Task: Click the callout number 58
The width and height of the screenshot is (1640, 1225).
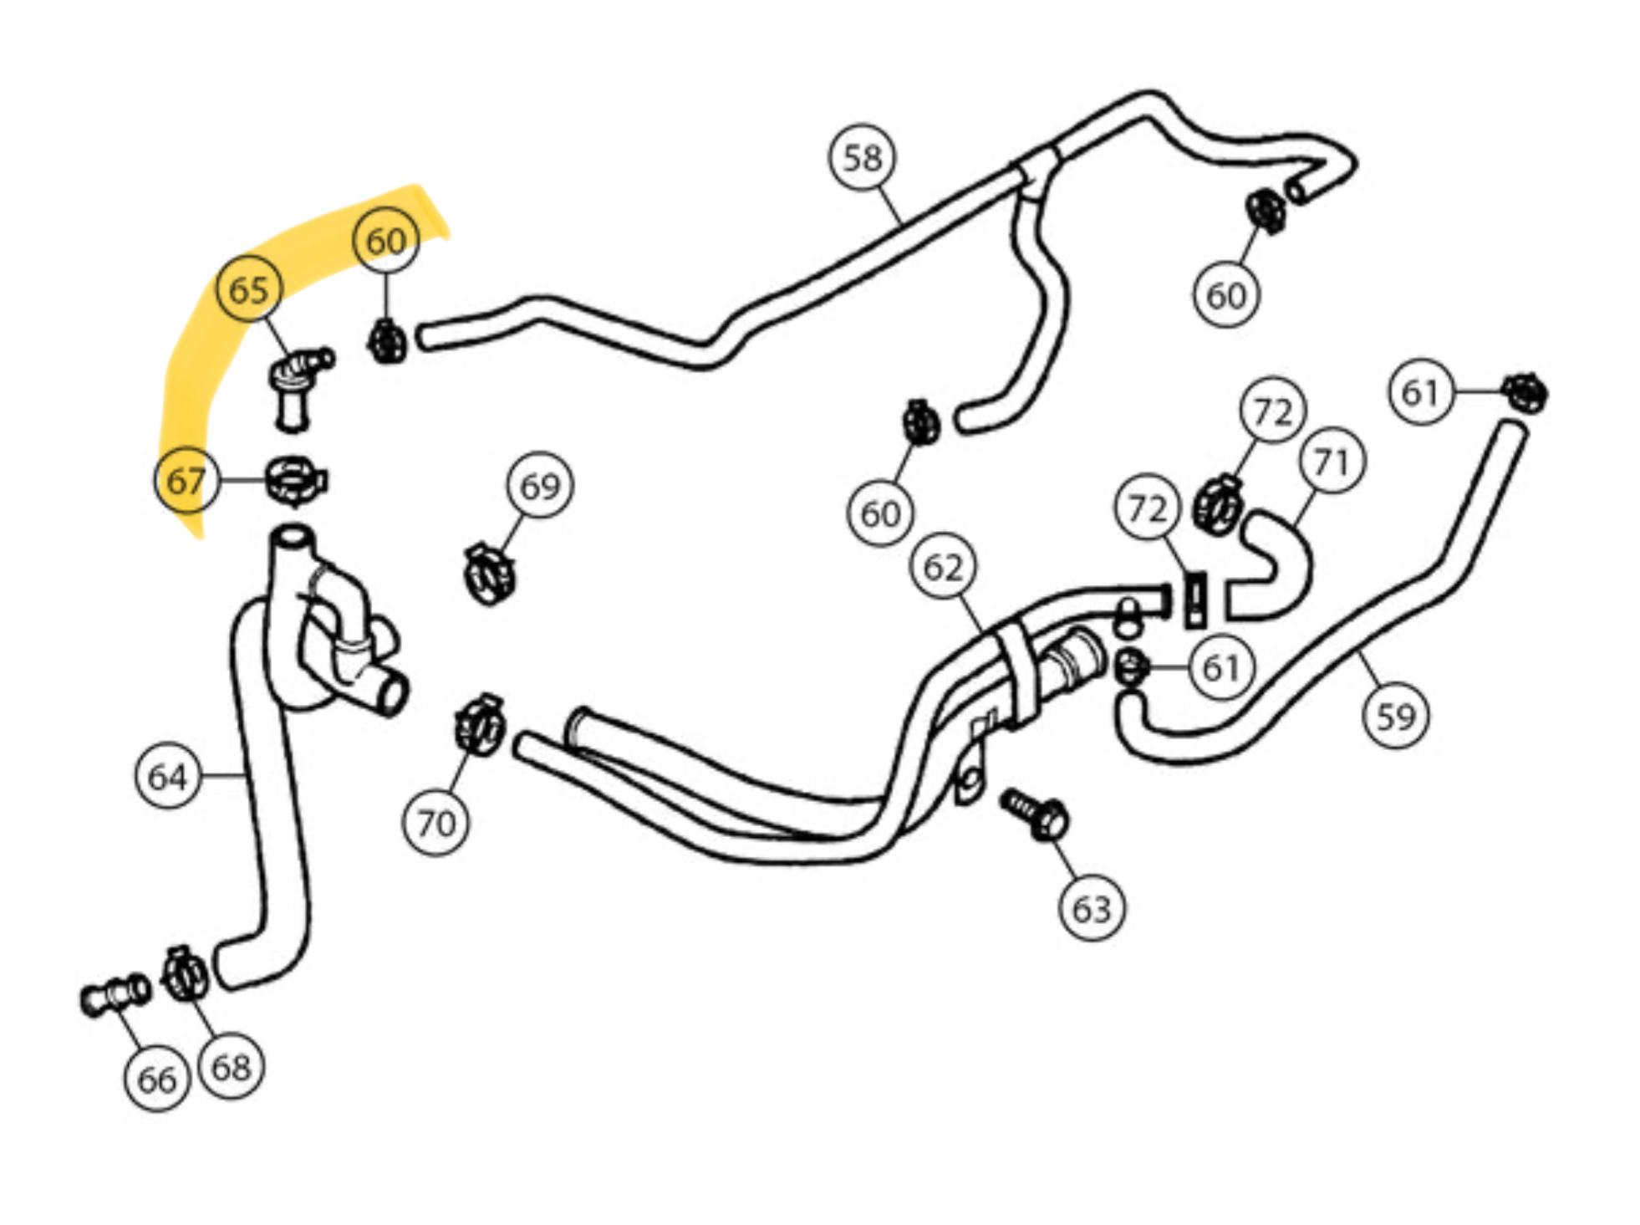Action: point(862,158)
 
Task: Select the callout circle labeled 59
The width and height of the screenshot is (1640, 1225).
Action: point(1395,717)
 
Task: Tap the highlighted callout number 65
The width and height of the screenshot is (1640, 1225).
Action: point(248,289)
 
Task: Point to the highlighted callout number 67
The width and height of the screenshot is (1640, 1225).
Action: point(186,480)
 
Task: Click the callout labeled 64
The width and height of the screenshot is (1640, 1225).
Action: point(167,777)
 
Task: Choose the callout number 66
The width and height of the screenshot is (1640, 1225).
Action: point(157,1079)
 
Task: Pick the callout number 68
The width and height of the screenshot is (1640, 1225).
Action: point(231,1066)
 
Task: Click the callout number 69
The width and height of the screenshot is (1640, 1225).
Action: point(540,486)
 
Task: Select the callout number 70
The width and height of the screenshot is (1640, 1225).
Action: point(435,824)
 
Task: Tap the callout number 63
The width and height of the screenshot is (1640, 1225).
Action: point(1091,908)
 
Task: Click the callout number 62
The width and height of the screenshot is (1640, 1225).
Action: point(943,568)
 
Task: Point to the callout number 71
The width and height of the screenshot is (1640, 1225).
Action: point(1332,461)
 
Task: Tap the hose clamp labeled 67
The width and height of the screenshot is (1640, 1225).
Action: point(295,481)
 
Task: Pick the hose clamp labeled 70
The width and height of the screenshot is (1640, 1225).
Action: point(480,725)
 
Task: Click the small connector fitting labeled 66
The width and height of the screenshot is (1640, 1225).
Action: point(115,995)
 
